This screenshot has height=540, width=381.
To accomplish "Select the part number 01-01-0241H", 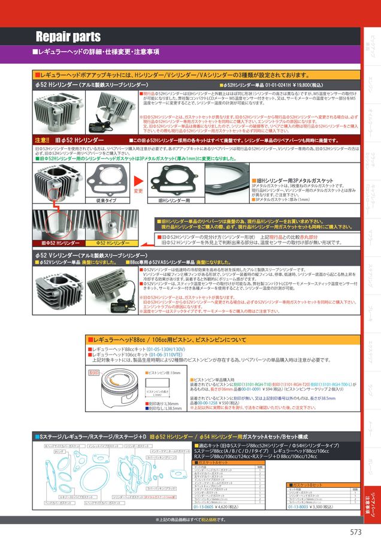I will pyautogui.click(x=272, y=85).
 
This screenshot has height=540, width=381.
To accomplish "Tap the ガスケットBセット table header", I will pyautogui.click(x=306, y=484).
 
